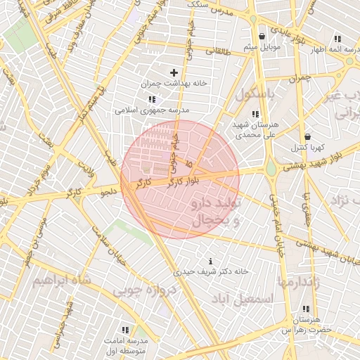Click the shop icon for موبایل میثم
(262, 36)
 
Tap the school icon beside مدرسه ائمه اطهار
(337, 39)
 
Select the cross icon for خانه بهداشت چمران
(174, 72)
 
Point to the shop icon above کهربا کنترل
(307, 137)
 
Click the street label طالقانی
(217, 51)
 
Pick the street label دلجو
(108, 191)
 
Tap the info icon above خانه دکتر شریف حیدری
(211, 261)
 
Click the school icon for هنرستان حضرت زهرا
(307, 309)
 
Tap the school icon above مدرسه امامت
(125, 330)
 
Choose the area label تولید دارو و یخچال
(214, 211)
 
